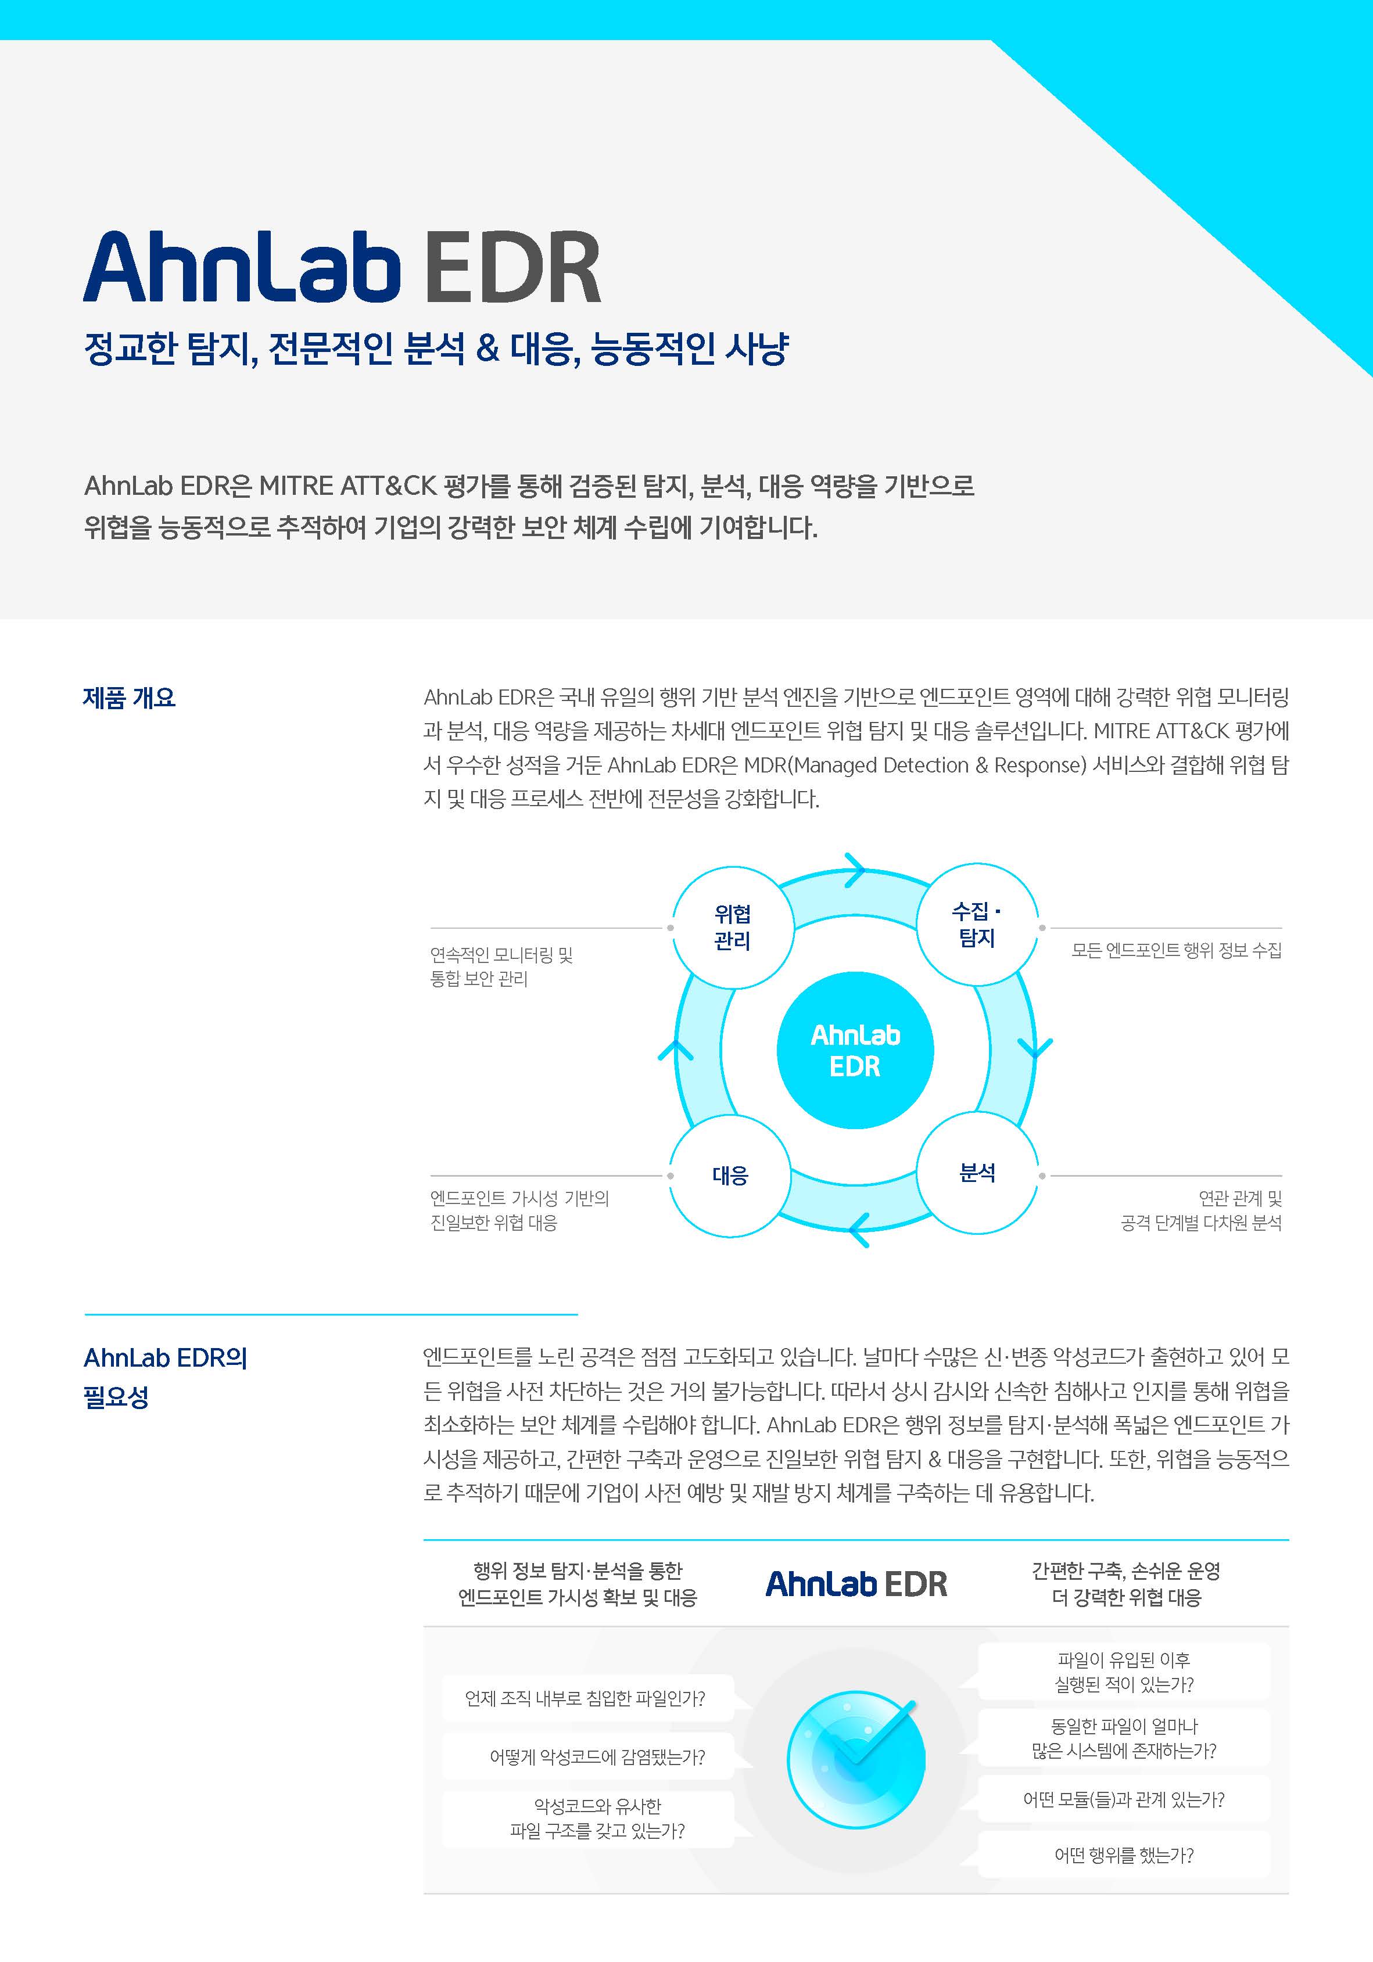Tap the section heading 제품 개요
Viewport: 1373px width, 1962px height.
pos(129,698)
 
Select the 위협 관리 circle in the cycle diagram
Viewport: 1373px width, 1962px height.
pos(733,927)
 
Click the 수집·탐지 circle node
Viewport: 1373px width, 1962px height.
pos(977,925)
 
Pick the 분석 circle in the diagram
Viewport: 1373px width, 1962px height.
pos(977,1173)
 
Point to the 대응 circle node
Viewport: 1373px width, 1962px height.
pos(730,1175)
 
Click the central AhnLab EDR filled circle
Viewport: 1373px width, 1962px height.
pos(855,1050)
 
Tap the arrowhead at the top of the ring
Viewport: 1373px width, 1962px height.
pos(855,871)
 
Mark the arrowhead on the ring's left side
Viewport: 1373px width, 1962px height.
pos(675,1050)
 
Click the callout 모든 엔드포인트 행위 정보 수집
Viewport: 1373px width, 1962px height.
pos(1177,950)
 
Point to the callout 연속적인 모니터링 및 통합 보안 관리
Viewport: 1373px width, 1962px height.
pos(502,966)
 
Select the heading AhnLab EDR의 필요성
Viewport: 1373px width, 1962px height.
pos(166,1377)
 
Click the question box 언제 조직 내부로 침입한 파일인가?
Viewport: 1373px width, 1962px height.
pos(586,1698)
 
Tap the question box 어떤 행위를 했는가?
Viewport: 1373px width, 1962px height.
pos(1124,1855)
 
